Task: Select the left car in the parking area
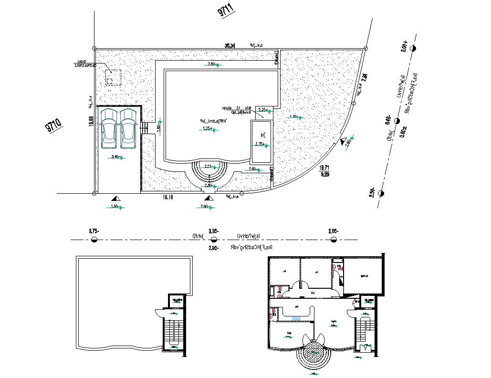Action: point(109,128)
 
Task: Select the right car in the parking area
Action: point(128,128)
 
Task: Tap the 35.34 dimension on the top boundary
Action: point(230,45)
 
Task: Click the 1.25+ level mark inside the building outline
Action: point(207,128)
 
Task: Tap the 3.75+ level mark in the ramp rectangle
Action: point(261,144)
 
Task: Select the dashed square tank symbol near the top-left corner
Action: point(113,77)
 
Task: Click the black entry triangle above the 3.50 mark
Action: point(114,198)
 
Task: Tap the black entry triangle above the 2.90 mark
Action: point(207,198)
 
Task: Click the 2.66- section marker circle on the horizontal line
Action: point(333,239)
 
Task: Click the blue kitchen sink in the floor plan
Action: point(296,318)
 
